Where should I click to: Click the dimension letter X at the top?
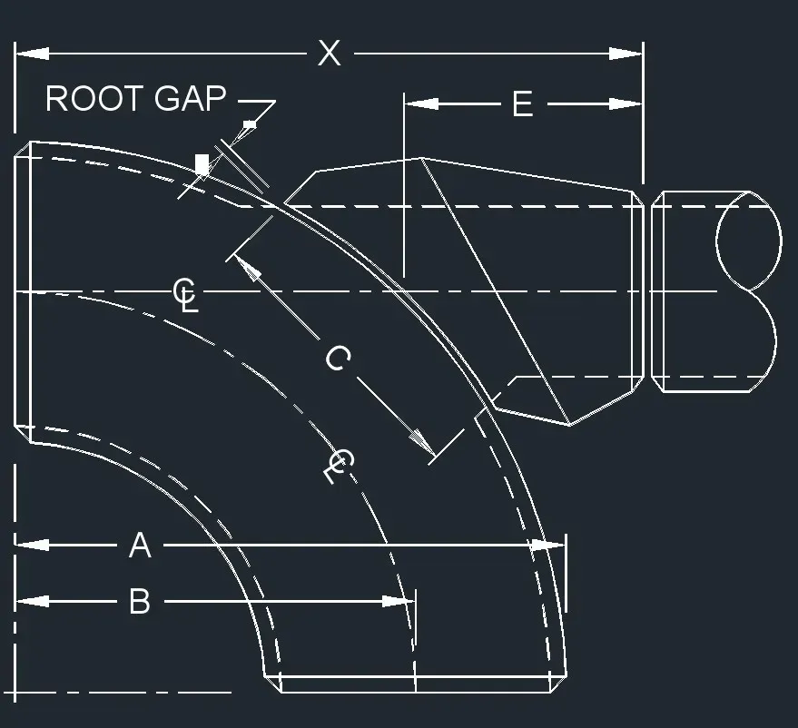coord(329,54)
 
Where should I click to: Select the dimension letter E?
coord(522,104)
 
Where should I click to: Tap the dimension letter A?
coord(139,546)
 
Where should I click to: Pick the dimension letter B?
coord(139,601)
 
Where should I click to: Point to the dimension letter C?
coord(337,359)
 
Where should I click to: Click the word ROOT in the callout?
coord(94,99)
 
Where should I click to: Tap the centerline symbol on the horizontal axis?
coord(185,294)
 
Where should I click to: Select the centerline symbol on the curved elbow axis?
coord(337,465)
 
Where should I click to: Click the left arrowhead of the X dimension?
coord(32,54)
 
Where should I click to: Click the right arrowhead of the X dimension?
coord(626,54)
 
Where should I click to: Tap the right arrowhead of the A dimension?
coord(548,546)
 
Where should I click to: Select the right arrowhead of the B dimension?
coord(399,601)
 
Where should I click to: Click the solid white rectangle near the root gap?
coord(202,164)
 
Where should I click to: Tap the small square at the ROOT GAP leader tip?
coord(250,123)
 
